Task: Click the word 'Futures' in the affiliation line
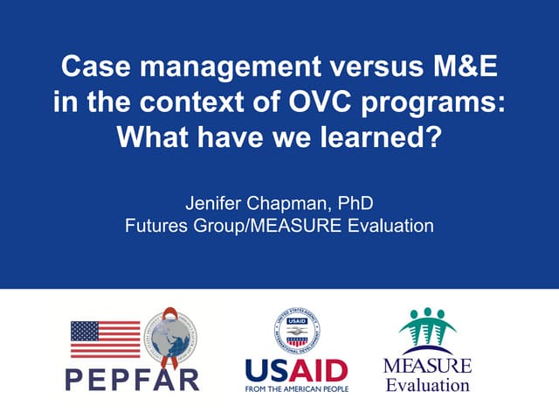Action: click(x=154, y=226)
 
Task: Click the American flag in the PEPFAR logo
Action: click(x=105, y=339)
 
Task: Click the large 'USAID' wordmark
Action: click(x=296, y=369)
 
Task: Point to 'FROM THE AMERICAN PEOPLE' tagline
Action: click(x=296, y=388)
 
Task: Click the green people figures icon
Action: click(x=428, y=330)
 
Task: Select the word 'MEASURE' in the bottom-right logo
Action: click(x=428, y=366)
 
